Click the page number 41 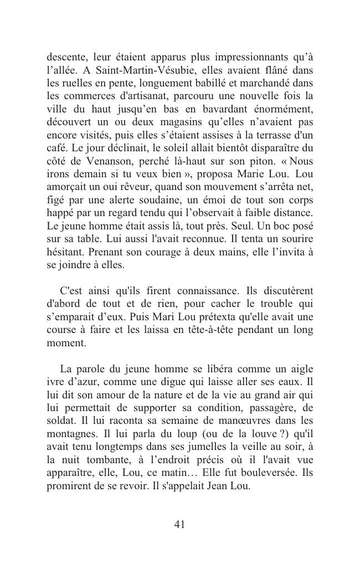tap(179, 524)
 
